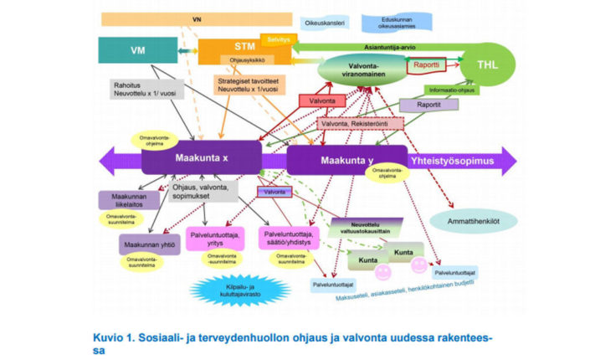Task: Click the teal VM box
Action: [x=139, y=51]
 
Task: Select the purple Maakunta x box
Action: [x=201, y=157]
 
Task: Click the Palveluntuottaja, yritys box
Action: [x=217, y=237]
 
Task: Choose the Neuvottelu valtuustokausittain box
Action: [x=367, y=228]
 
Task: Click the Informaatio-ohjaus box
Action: [x=451, y=88]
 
